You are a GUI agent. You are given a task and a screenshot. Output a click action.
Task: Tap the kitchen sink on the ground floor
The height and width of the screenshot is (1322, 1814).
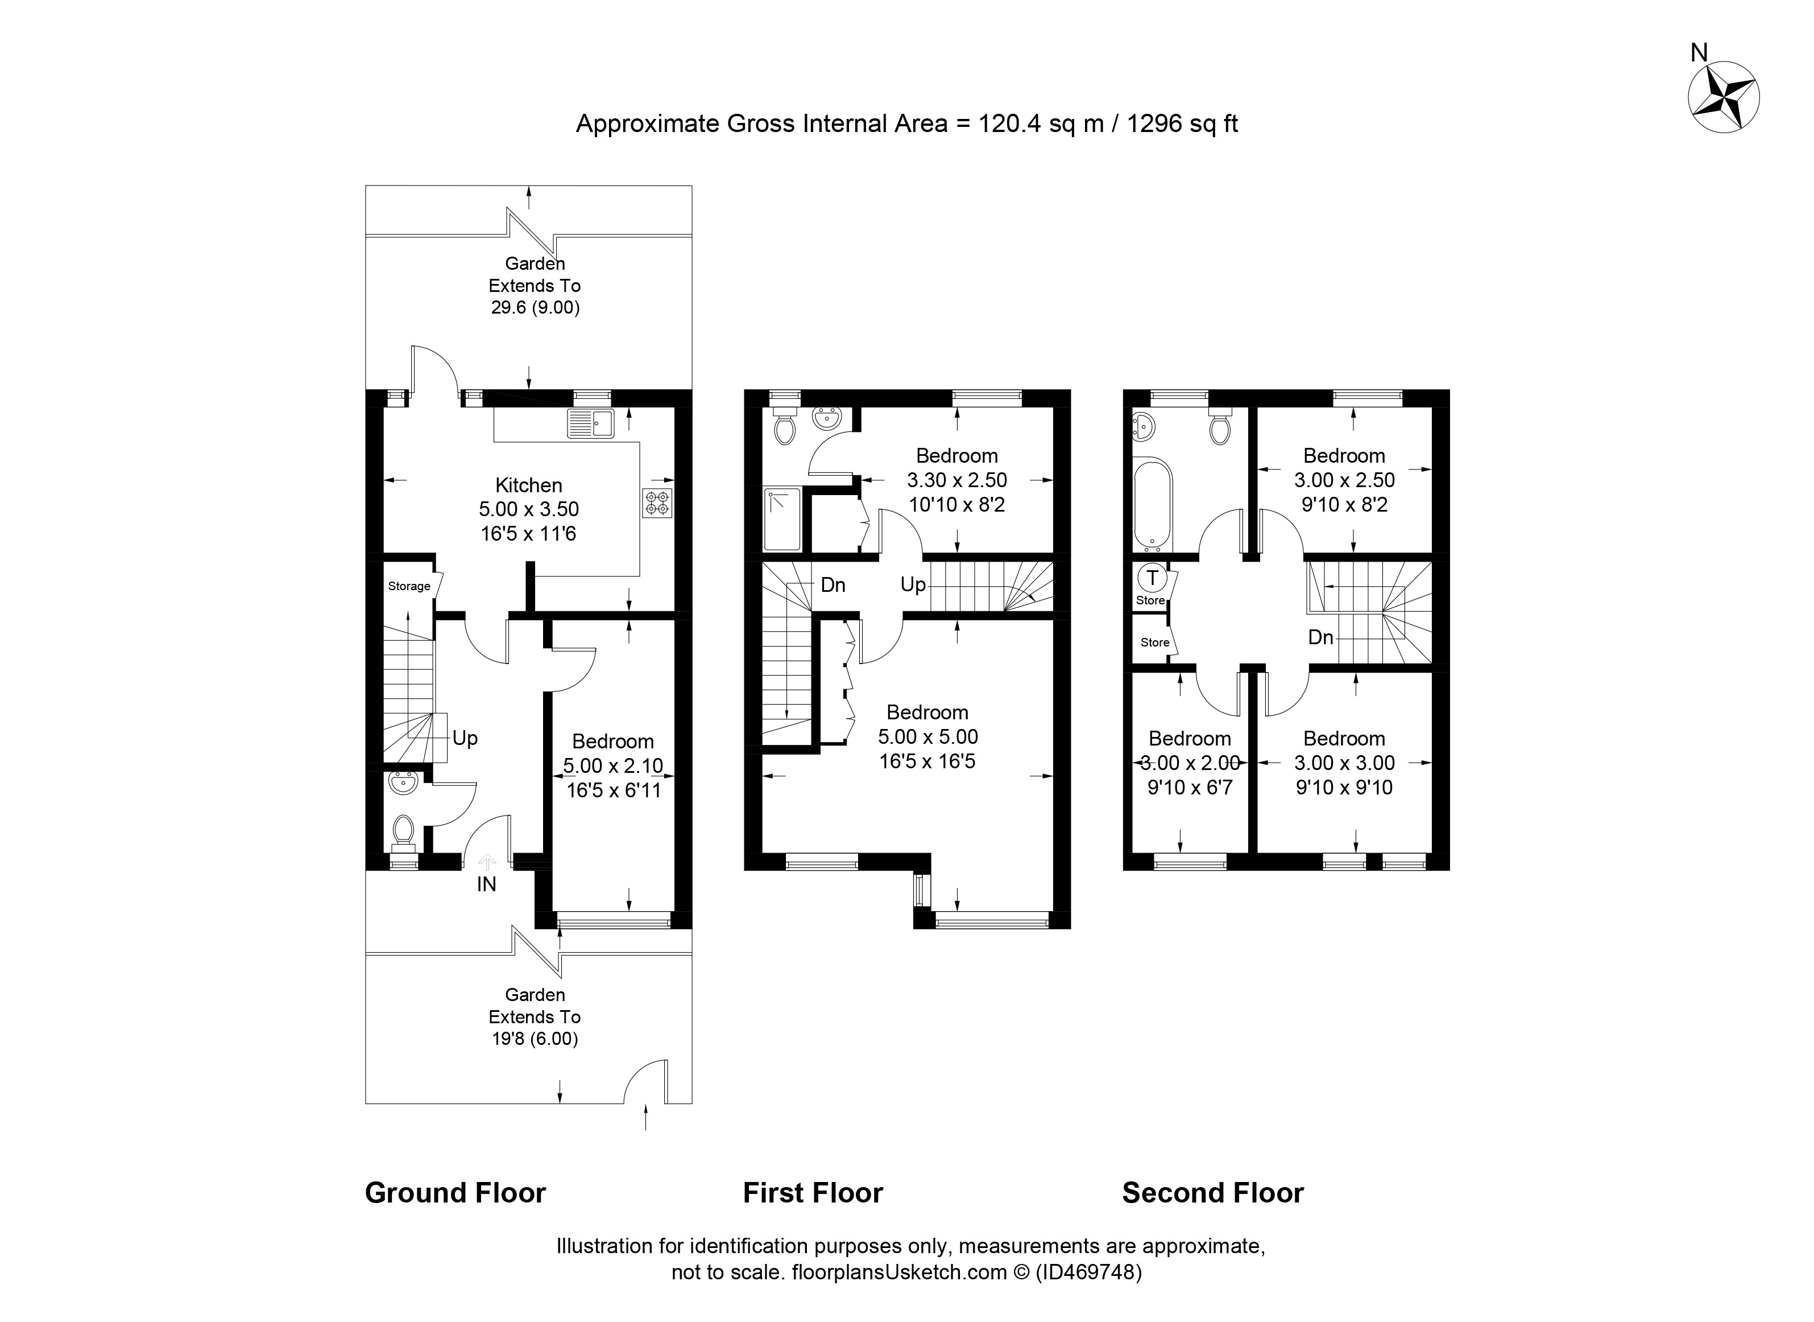[590, 423]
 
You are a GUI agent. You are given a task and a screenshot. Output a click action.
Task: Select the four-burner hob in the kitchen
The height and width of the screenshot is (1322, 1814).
[657, 503]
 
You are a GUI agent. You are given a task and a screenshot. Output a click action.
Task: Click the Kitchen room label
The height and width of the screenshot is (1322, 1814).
[529, 485]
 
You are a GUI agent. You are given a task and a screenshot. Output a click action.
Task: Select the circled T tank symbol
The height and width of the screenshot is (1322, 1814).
[1152, 577]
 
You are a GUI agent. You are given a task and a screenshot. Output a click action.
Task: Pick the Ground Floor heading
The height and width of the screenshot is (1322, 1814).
[455, 1192]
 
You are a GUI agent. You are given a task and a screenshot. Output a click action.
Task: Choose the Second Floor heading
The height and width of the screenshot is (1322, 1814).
[1212, 1192]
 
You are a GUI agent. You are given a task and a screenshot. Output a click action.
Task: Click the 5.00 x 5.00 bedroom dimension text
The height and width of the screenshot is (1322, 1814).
[928, 736]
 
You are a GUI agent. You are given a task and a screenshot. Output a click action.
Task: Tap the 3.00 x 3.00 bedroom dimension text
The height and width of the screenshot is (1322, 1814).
[1344, 763]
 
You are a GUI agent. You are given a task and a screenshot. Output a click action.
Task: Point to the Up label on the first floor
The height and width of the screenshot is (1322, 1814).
[913, 585]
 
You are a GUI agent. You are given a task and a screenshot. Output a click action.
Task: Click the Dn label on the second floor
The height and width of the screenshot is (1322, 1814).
[1320, 637]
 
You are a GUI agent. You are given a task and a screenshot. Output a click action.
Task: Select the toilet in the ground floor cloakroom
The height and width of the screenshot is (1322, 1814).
[403, 831]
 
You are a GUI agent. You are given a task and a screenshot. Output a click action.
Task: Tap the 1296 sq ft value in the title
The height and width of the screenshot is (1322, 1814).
[1182, 123]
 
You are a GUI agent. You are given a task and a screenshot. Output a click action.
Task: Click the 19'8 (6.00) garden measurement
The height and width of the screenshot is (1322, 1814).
[535, 1039]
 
